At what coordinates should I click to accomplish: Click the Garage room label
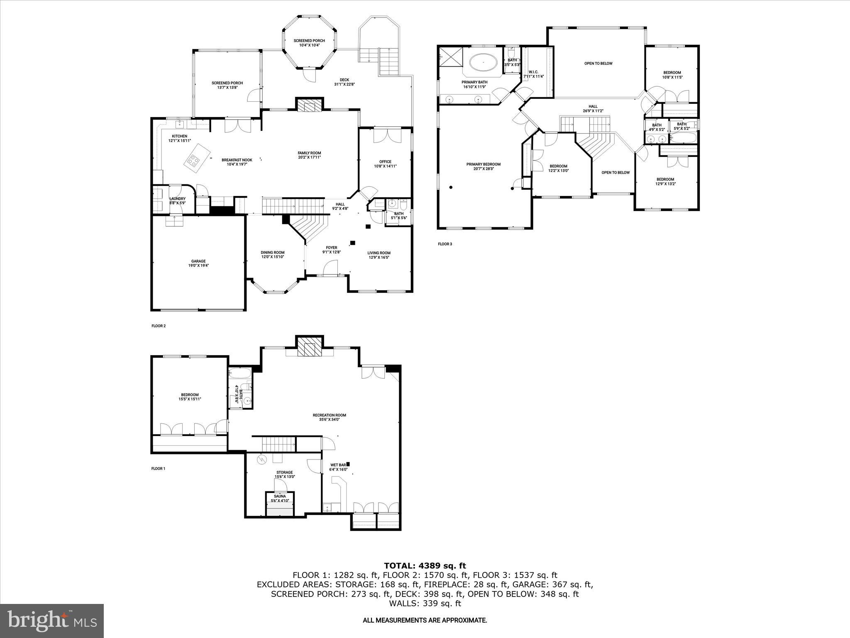[x=198, y=263]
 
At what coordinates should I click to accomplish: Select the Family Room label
[x=309, y=155]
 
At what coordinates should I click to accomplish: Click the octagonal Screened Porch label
[x=309, y=43]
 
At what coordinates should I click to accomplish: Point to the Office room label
[x=385, y=164]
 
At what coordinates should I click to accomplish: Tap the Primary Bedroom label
[x=483, y=166]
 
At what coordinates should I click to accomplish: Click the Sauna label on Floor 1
[x=280, y=498]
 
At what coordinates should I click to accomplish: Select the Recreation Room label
[x=329, y=417]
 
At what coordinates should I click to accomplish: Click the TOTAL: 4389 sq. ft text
[x=425, y=566]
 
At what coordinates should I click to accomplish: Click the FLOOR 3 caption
[x=445, y=244]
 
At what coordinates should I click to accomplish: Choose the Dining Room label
[x=273, y=255]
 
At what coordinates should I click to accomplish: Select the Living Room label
[x=379, y=255]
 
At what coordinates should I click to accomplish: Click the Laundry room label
[x=178, y=201]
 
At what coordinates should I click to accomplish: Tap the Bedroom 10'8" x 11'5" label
[x=672, y=75]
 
